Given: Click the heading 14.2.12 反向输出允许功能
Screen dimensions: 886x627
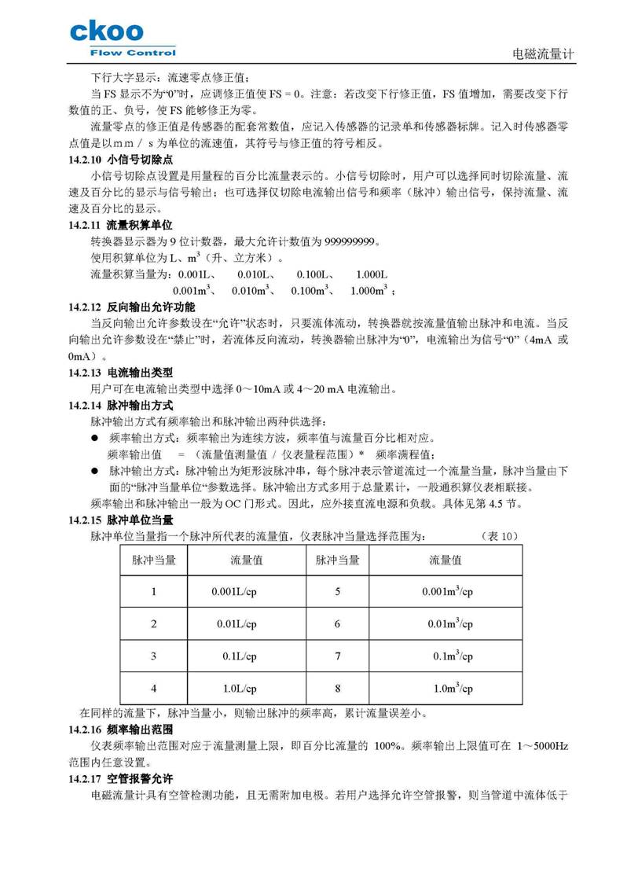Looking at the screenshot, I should pyautogui.click(x=132, y=307).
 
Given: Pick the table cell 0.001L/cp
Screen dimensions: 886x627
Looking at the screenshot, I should pyautogui.click(x=234, y=591).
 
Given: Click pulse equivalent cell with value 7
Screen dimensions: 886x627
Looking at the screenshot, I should pyautogui.click(x=337, y=656).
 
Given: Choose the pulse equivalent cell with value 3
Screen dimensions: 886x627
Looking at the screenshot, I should pyautogui.click(x=153, y=656).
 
